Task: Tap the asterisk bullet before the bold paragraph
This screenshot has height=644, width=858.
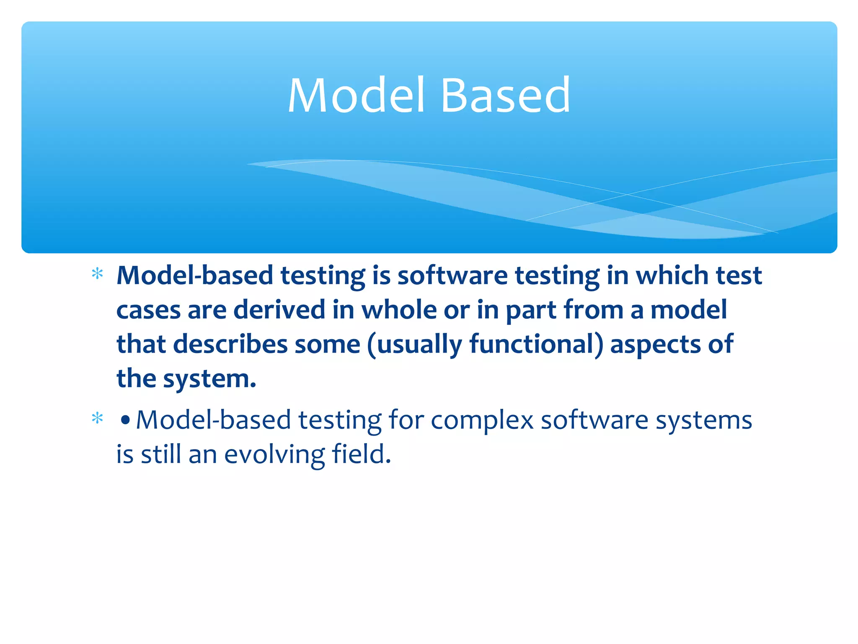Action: pyautogui.click(x=97, y=274)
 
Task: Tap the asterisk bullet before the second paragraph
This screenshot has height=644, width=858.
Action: pyautogui.click(x=97, y=418)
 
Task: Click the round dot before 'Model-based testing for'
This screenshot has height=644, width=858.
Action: pyautogui.click(x=125, y=420)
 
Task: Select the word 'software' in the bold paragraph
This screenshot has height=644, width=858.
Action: pyautogui.click(x=452, y=276)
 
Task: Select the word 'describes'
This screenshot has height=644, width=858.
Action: pyautogui.click(x=230, y=345)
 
